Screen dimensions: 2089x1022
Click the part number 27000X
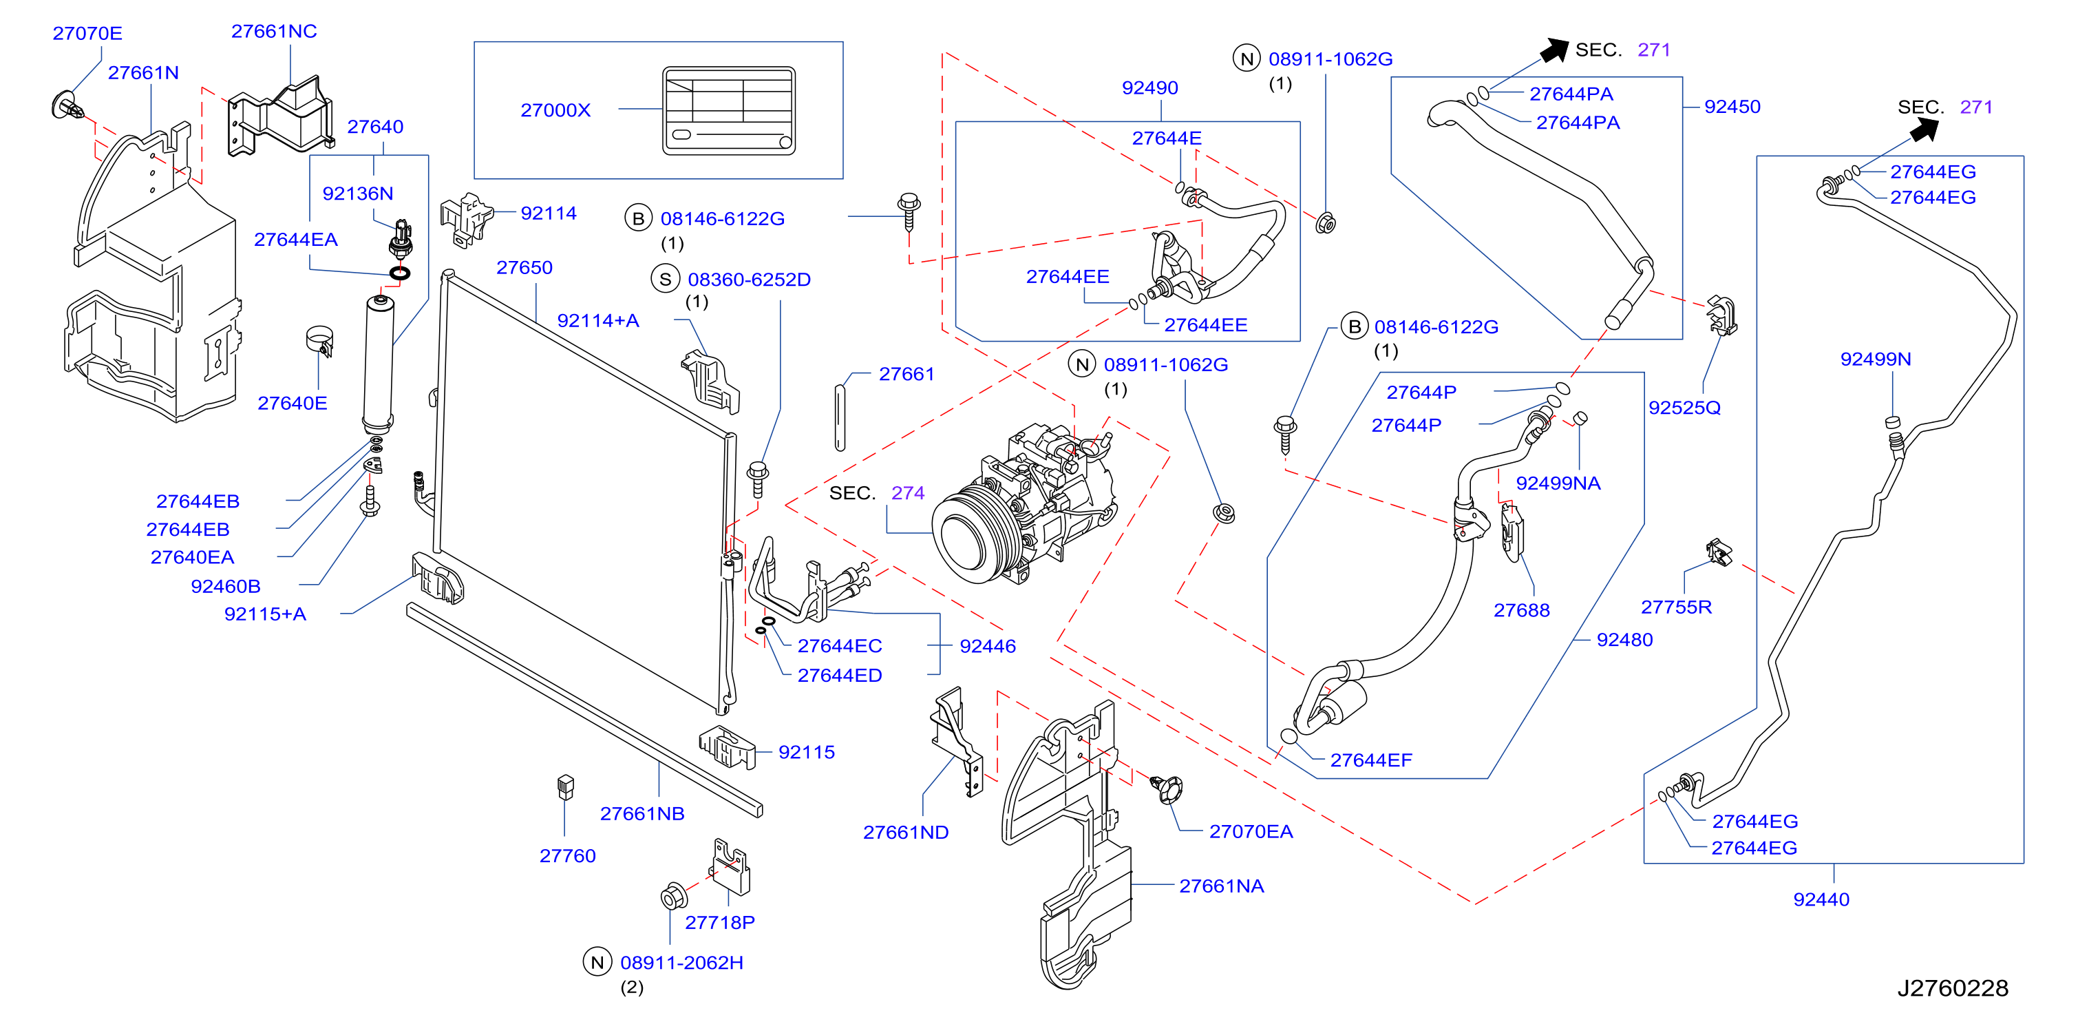click(x=555, y=109)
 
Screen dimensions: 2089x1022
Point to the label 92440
click(x=1821, y=899)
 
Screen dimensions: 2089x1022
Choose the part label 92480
click(x=1624, y=639)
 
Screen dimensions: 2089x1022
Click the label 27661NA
click(x=1221, y=886)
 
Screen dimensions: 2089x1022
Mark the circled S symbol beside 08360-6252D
click(x=665, y=279)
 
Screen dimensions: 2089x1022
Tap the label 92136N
click(x=358, y=193)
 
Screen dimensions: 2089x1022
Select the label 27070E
click(x=87, y=33)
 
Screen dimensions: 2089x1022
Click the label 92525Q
click(x=1684, y=407)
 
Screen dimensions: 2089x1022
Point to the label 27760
click(x=568, y=856)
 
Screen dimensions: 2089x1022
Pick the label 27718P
click(x=719, y=922)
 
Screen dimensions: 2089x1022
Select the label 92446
click(x=988, y=646)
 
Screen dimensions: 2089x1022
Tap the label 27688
click(x=1521, y=610)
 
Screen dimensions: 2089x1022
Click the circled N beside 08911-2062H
click(x=597, y=962)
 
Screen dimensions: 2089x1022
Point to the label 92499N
click(x=1876, y=359)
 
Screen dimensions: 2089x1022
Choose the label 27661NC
click(x=274, y=31)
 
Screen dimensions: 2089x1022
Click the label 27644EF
click(x=1370, y=760)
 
